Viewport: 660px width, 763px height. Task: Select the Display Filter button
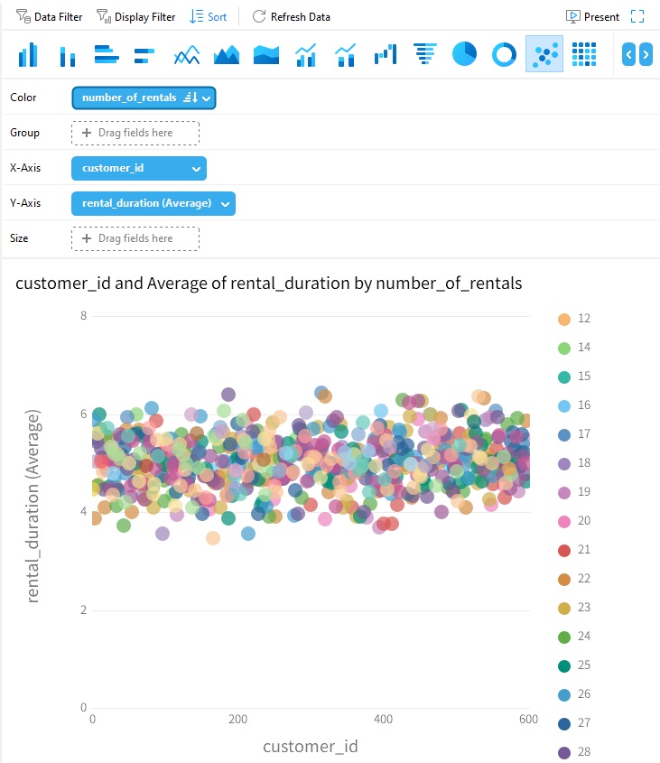click(x=136, y=16)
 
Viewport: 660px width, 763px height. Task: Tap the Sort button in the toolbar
click(x=209, y=16)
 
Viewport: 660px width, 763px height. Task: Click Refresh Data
click(x=291, y=16)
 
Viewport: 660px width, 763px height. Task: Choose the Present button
click(x=592, y=16)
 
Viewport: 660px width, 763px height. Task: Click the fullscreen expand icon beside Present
click(x=637, y=16)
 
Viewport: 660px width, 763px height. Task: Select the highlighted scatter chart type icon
click(x=544, y=54)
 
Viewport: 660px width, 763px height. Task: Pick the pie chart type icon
click(x=464, y=54)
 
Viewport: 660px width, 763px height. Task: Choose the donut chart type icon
click(x=504, y=54)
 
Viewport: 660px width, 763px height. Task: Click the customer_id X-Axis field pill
click(x=138, y=168)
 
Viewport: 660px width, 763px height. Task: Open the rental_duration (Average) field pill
click(x=153, y=203)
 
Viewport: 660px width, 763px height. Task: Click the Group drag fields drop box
click(x=135, y=133)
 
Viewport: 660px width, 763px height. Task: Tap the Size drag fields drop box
click(x=135, y=238)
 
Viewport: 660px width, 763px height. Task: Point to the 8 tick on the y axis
click(x=83, y=316)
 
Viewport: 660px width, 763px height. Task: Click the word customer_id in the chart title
click(x=63, y=284)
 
